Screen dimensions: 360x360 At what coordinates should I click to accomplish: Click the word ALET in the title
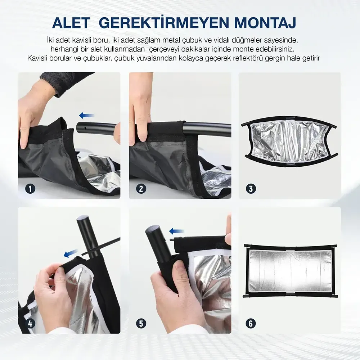71,23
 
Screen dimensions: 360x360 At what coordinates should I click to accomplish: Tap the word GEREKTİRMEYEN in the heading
164,22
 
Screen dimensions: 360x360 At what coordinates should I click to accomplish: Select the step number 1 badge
30,189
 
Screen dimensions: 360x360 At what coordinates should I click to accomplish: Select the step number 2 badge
141,189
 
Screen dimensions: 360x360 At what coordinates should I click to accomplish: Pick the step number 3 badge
251,189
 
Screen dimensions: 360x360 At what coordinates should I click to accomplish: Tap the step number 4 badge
30,324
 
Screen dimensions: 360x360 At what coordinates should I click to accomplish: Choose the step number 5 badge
141,324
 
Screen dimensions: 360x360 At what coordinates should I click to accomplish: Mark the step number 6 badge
251,324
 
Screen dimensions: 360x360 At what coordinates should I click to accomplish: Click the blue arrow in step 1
86,116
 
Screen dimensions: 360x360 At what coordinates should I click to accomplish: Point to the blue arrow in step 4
70,254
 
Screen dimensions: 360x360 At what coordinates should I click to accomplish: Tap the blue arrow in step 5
176,231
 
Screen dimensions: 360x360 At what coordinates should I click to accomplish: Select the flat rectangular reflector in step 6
291,270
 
